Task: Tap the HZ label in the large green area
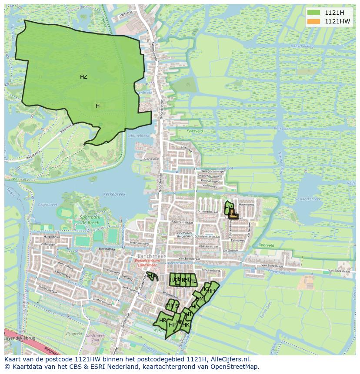click(x=83, y=77)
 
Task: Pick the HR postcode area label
click(x=163, y=321)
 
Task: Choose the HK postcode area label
click(x=186, y=324)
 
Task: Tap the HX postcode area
click(x=151, y=275)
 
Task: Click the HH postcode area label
click(x=211, y=291)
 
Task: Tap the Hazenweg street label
click(x=247, y=204)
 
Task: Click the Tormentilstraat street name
click(x=207, y=212)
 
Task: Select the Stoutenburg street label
click(x=211, y=270)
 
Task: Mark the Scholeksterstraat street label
click(x=206, y=237)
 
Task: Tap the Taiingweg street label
click(x=238, y=240)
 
